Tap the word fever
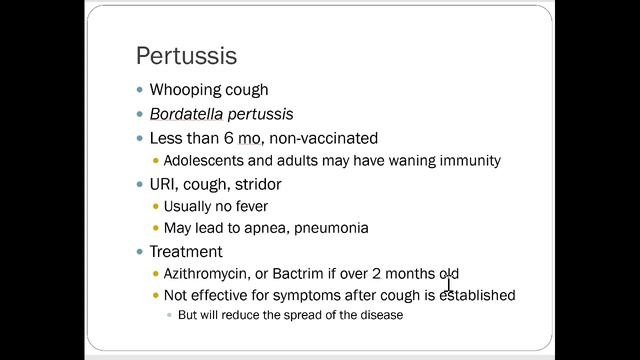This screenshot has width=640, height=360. point(262,206)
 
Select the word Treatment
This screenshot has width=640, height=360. point(186,251)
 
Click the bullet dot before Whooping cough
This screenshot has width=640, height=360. point(139,90)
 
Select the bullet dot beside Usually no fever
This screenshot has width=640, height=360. point(155,206)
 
